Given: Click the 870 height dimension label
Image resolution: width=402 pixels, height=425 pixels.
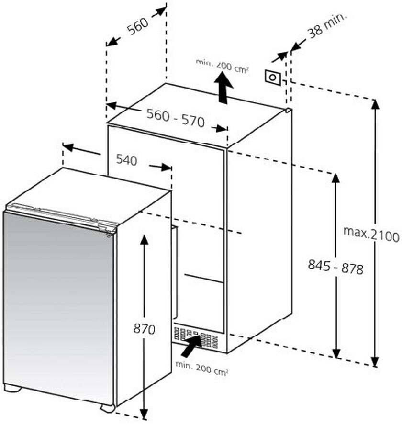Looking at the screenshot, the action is [144, 329].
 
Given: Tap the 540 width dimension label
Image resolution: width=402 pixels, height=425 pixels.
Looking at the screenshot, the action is [127, 160].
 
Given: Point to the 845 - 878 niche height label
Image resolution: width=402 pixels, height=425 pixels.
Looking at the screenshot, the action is [335, 267].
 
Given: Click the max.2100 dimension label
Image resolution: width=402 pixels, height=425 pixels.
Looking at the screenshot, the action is [371, 235].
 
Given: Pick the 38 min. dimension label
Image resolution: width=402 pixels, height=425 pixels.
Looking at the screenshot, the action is [327, 25].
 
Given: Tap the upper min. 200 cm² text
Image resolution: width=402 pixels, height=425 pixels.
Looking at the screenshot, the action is [222, 66].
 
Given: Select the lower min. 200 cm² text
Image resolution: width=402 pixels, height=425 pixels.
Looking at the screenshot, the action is [201, 368].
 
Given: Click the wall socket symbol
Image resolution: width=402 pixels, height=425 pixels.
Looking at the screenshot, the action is [273, 77].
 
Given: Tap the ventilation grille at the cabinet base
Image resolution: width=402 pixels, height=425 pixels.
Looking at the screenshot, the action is [195, 338].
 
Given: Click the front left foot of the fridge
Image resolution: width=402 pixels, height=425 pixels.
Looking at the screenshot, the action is [13, 388].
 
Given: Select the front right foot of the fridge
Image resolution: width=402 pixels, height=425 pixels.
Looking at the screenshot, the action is [108, 408].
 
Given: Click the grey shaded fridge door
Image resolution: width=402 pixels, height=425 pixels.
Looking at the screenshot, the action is [58, 307].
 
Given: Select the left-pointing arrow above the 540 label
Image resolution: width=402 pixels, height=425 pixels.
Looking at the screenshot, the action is [82, 150].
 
